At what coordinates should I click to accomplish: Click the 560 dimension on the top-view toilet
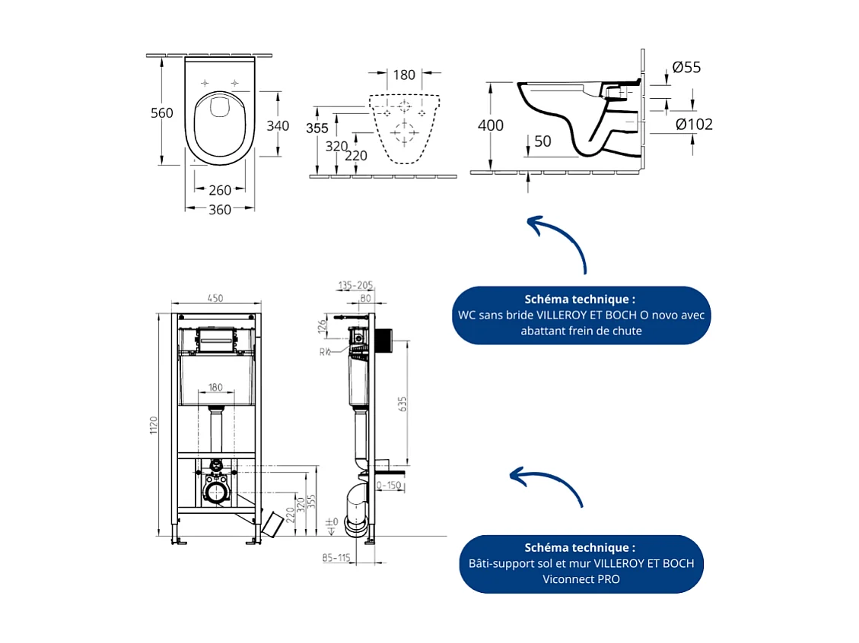point(161,113)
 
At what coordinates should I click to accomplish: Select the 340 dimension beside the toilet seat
point(278,125)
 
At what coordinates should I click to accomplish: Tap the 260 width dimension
point(220,190)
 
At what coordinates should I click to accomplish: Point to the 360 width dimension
point(220,210)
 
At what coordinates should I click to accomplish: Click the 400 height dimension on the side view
point(491,125)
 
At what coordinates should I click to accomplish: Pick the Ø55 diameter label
point(687,68)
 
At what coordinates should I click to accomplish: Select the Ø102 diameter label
point(694,124)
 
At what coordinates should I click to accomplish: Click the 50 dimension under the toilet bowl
point(542,142)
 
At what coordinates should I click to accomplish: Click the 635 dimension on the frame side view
point(402,404)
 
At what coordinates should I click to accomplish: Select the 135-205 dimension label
point(355,285)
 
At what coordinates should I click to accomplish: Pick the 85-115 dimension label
point(336,558)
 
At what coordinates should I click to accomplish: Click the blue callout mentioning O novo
point(582,315)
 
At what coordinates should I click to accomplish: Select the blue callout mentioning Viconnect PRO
point(581,564)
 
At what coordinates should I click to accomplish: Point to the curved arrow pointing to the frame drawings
point(548,485)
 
